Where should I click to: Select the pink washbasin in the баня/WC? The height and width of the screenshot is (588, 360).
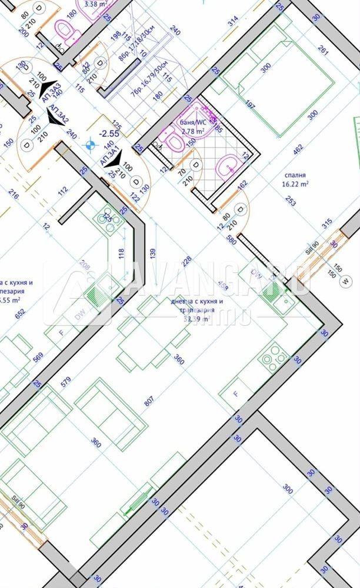pos(225,166)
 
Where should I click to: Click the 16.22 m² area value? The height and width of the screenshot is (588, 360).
pos(295,183)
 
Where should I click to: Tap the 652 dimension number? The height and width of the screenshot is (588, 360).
pos(21,314)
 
